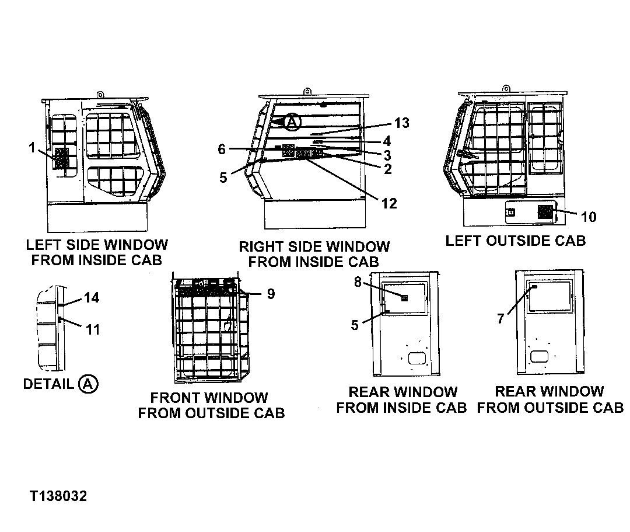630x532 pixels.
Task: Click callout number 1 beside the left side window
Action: point(32,148)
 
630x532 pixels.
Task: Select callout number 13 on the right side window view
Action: point(402,123)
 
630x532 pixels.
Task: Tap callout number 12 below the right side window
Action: point(389,203)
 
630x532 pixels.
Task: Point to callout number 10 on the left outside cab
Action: point(589,217)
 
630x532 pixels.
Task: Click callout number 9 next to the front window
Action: point(271,294)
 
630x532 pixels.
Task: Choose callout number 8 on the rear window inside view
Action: point(358,283)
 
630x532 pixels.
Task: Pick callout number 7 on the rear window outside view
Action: point(500,319)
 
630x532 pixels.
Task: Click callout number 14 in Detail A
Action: point(92,298)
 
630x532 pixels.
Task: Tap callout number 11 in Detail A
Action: point(93,329)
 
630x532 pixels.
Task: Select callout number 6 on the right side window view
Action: point(222,149)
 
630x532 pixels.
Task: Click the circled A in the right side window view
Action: point(293,122)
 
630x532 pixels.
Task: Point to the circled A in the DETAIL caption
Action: point(87,384)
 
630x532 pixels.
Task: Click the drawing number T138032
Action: point(59,496)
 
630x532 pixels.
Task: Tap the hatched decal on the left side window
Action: point(62,158)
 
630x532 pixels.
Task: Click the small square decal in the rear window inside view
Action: point(404,298)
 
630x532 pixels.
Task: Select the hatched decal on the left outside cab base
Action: point(545,213)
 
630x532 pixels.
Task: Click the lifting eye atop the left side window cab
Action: point(100,94)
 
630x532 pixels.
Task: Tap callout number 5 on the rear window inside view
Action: point(355,325)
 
